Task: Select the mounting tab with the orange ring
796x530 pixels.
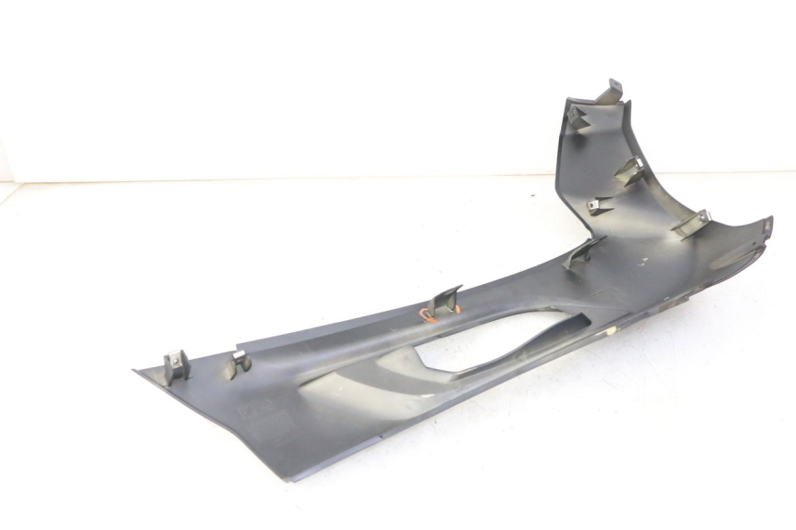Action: point(447,299)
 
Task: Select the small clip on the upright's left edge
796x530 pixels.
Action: point(600,205)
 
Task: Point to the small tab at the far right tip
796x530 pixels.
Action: point(766,225)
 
